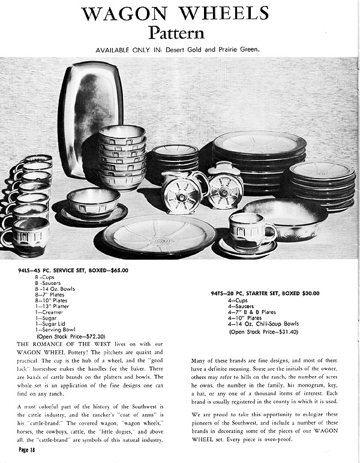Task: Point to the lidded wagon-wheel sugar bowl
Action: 224,187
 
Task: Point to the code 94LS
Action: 26,270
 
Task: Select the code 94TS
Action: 217,293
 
